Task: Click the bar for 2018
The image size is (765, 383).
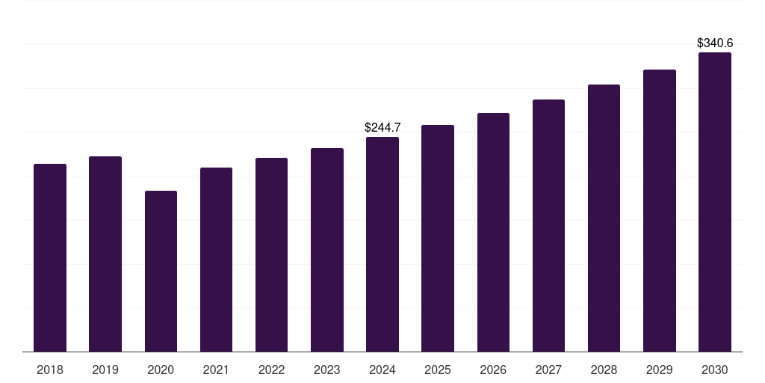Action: [50, 257]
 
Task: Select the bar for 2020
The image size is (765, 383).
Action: [161, 271]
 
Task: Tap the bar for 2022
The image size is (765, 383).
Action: [271, 254]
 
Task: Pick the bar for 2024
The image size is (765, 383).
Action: [382, 244]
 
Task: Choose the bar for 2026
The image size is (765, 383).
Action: [493, 232]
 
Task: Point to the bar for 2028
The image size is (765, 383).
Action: [604, 218]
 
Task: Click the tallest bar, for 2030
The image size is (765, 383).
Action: [715, 202]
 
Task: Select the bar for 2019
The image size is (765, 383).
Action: [105, 254]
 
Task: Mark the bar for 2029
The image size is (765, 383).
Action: [660, 210]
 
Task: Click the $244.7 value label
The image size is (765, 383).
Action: [382, 128]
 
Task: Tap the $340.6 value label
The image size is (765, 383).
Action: [715, 43]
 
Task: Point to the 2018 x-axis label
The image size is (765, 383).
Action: [50, 370]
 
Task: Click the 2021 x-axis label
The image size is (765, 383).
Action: [216, 370]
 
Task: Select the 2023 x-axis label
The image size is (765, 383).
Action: [327, 370]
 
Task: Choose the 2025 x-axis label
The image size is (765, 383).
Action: [438, 370]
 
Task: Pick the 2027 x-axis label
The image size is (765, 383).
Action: [548, 370]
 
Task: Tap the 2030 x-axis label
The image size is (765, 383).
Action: [715, 370]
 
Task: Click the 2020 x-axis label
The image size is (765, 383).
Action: [161, 370]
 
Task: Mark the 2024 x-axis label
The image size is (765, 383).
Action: [382, 370]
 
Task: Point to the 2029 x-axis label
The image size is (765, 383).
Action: [660, 370]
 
